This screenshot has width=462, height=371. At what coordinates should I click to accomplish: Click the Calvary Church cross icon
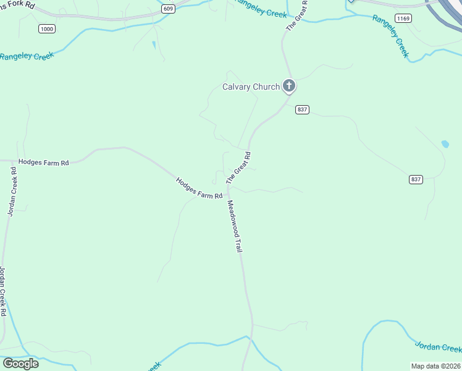coord(288,86)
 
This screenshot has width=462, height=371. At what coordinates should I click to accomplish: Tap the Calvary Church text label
coord(251,87)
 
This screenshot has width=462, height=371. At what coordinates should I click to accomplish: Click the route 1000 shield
coord(46,28)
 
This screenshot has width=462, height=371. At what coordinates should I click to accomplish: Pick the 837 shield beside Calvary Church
coord(302,109)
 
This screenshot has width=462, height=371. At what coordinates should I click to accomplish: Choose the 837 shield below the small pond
coord(416,179)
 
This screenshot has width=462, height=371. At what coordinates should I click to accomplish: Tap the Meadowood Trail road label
coord(233,226)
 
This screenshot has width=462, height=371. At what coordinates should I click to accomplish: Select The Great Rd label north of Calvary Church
coord(297,16)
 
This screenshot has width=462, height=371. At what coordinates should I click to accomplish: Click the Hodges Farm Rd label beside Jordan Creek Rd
coord(43,162)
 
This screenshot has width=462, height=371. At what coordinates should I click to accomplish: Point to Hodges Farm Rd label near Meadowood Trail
coord(199,189)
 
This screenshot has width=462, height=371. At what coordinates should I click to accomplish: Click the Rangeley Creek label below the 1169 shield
coord(390,36)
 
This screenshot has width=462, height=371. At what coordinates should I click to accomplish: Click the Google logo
coord(20,363)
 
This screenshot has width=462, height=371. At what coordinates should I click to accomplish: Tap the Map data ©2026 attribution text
coord(435,366)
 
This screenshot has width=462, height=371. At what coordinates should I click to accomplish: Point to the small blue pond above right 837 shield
coord(445,144)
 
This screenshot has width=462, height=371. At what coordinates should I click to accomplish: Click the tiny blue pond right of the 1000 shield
coord(153,45)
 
